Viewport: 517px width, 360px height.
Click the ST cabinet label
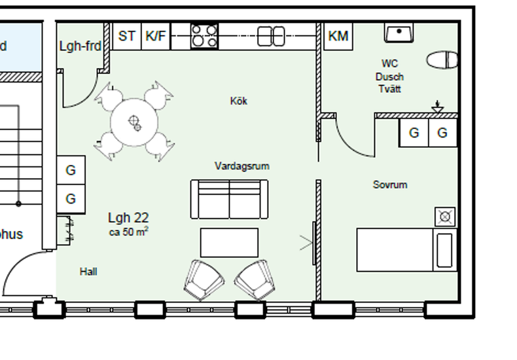[x=127, y=36]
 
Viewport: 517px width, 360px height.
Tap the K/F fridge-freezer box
[x=156, y=36]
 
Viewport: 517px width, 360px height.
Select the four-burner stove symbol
[x=204, y=36]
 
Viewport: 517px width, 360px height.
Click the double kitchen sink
[x=271, y=36]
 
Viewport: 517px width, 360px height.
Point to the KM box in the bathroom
[x=338, y=36]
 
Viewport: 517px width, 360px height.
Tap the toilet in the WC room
[x=442, y=60]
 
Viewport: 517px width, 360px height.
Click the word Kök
[x=239, y=101]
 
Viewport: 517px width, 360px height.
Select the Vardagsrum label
[x=241, y=166]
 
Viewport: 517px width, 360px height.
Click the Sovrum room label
[x=390, y=185]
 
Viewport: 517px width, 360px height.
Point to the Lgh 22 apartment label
[x=128, y=218]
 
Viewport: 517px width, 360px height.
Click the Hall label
[x=88, y=271]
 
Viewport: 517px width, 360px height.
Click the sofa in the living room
[x=229, y=198]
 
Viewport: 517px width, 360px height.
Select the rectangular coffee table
[x=229, y=242]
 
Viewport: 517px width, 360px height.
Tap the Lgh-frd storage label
[x=80, y=46]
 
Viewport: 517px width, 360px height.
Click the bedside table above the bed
[x=445, y=216]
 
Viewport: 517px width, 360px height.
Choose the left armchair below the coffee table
[x=204, y=279]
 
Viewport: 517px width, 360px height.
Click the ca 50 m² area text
[x=128, y=231]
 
